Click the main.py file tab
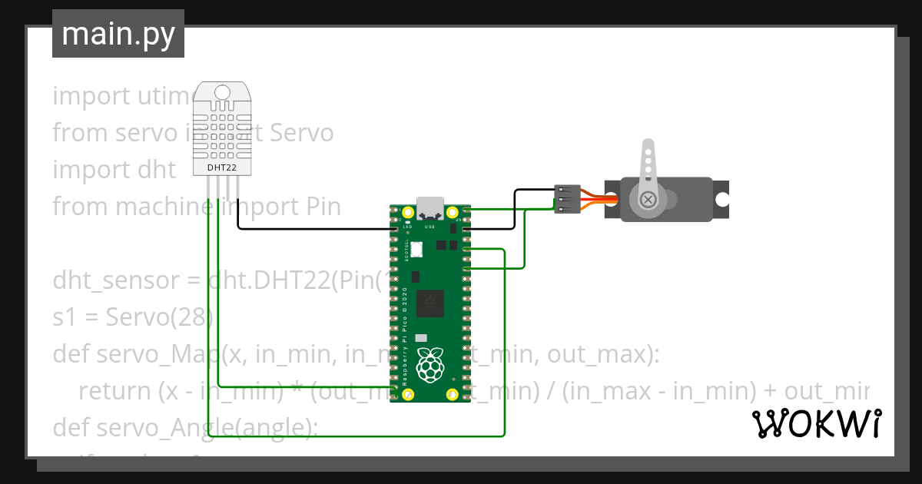pyautogui.click(x=118, y=34)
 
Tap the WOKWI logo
pyautogui.click(x=816, y=423)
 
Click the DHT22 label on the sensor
pyautogui.click(x=222, y=167)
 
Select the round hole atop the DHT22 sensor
pyautogui.click(x=222, y=92)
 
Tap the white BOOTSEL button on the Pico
pyautogui.click(x=417, y=249)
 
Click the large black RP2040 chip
pyautogui.click(x=429, y=303)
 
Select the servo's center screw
pyautogui.click(x=649, y=200)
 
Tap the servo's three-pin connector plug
pyautogui.click(x=567, y=199)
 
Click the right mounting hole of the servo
pyautogui.click(x=721, y=200)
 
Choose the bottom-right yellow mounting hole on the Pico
pyautogui.click(x=453, y=395)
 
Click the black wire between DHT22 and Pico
pyautogui.click(x=307, y=228)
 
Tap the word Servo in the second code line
pyautogui.click(x=300, y=133)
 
